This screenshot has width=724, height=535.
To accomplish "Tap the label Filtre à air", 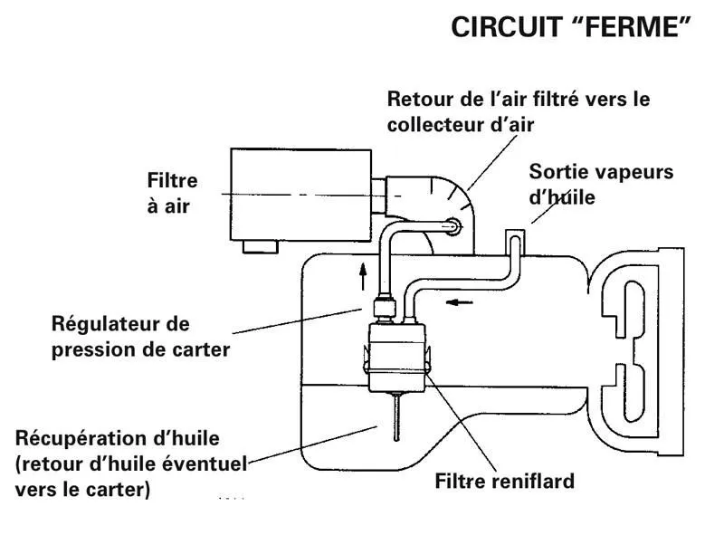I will [x=172, y=193].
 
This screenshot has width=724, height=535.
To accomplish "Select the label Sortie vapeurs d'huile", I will [x=601, y=183].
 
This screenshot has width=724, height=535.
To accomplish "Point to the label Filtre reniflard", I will [x=505, y=482].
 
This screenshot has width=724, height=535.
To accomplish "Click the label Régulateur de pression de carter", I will [x=140, y=336].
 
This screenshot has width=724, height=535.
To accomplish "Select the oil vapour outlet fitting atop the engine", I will [x=512, y=239].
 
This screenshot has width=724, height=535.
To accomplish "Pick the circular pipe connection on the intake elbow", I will [x=451, y=225].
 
